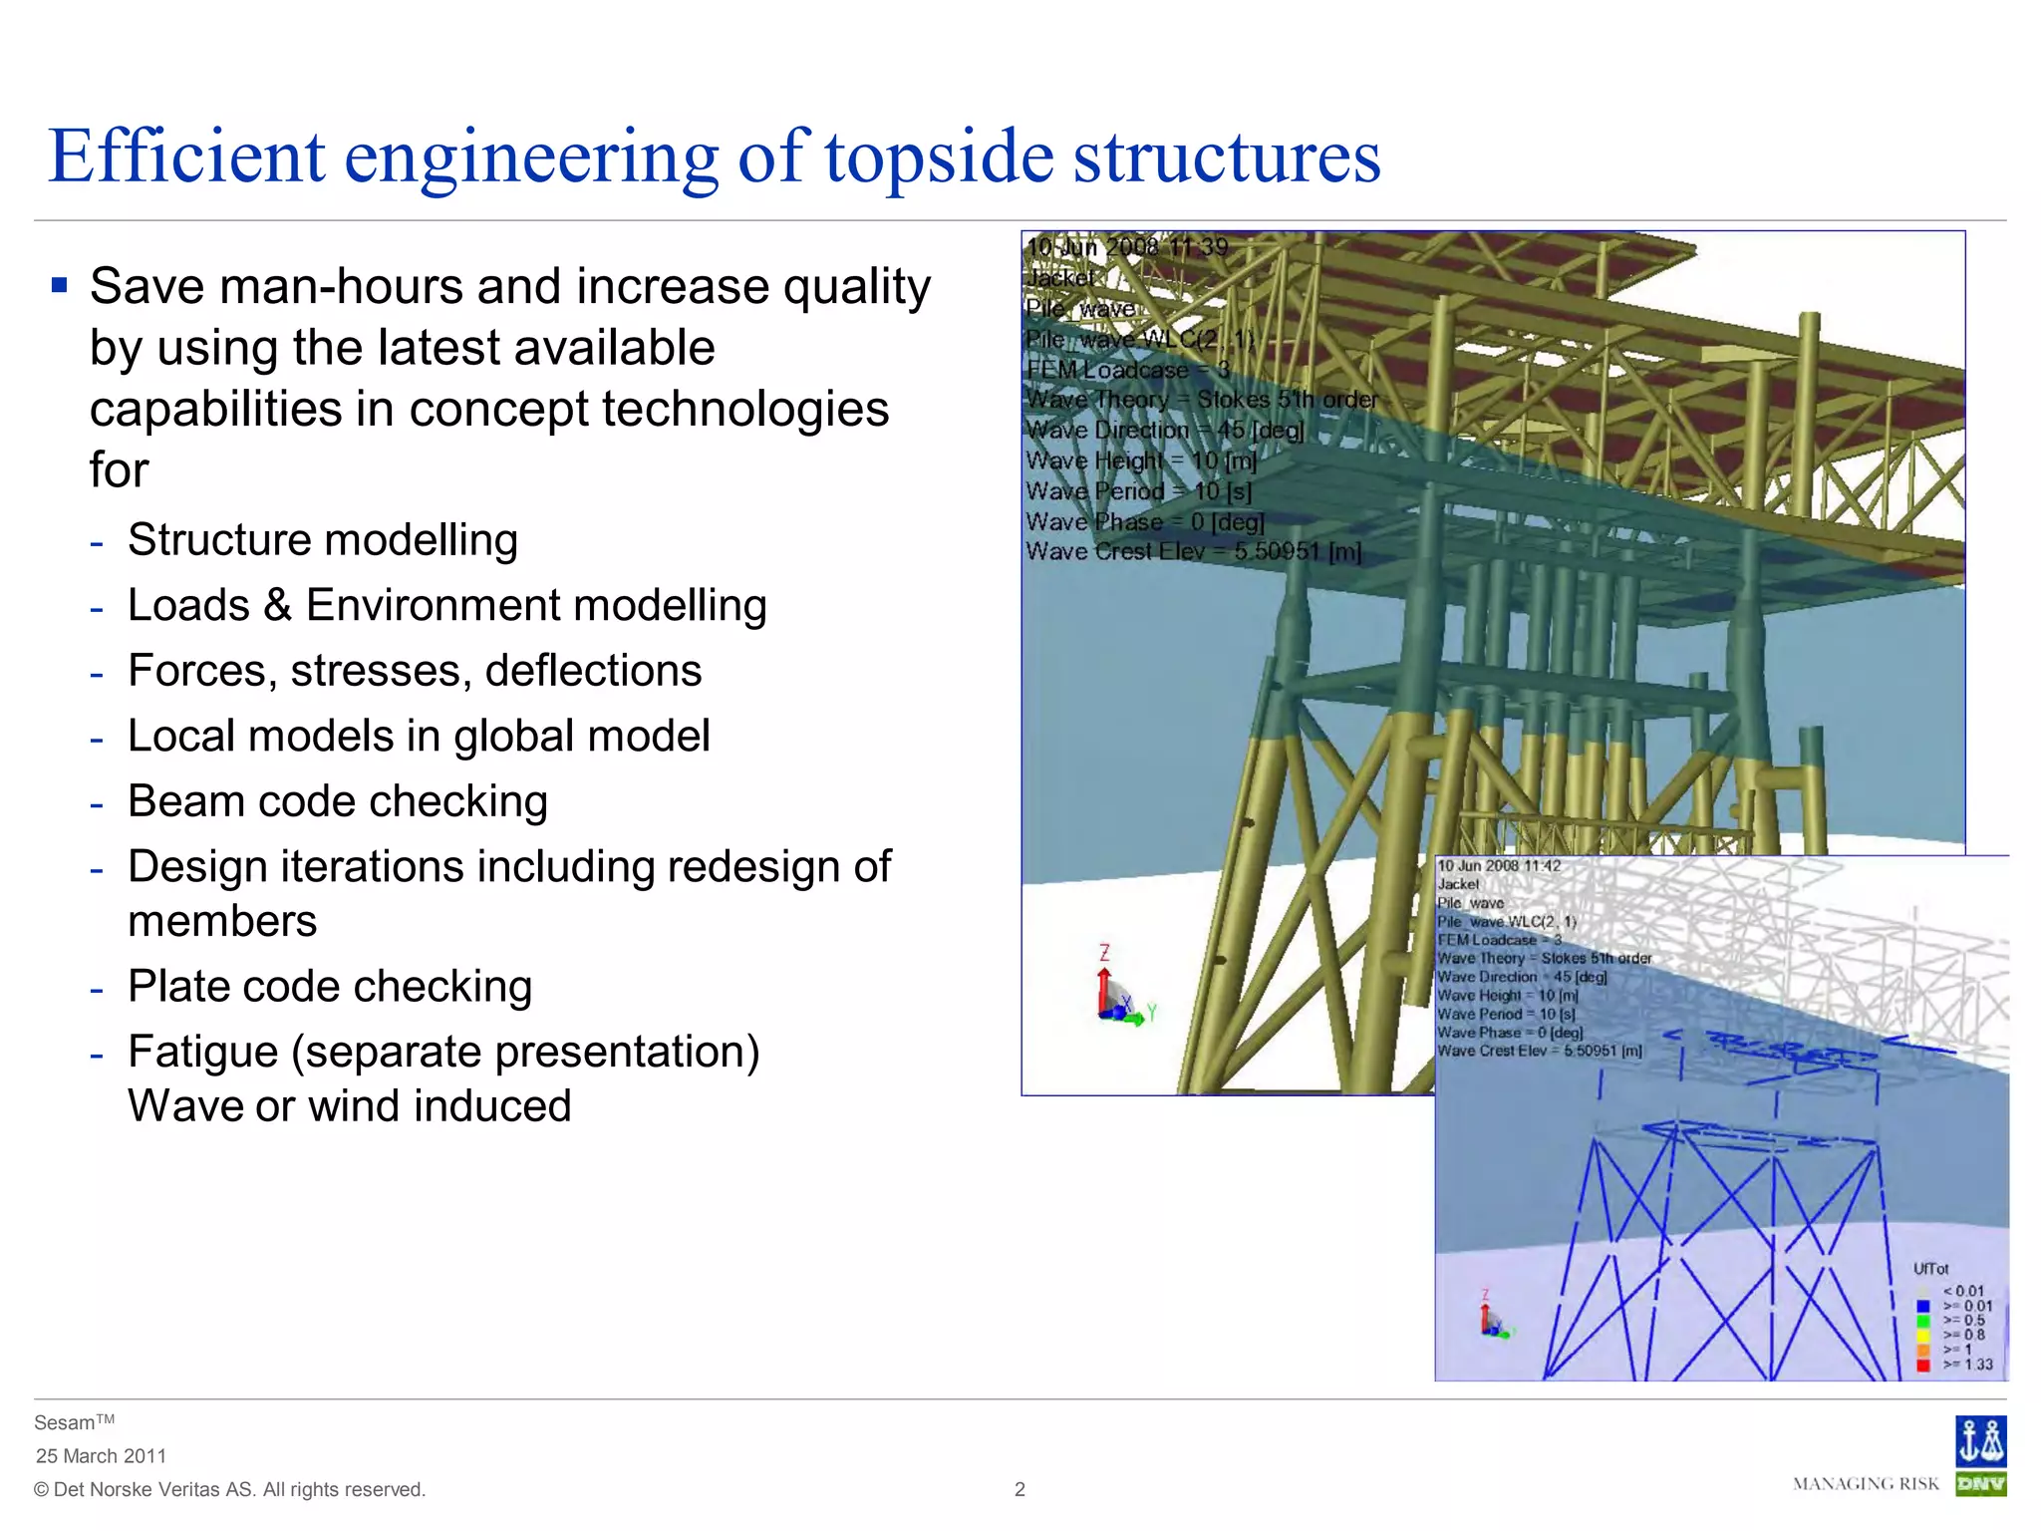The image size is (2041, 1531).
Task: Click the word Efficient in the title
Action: (187, 157)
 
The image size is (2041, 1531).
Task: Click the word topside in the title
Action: (939, 157)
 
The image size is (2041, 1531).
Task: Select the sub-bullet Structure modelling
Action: (323, 540)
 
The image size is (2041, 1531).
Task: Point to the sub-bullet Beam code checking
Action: (338, 801)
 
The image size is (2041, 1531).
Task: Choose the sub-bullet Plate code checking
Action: (330, 987)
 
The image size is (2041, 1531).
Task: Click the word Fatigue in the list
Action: (202, 1053)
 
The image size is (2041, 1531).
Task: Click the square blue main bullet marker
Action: (60, 286)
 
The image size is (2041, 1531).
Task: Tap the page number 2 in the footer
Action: (1020, 1489)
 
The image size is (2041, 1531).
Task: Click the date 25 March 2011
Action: (101, 1456)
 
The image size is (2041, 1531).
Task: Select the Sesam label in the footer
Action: (65, 1423)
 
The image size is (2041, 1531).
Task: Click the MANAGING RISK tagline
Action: (1866, 1484)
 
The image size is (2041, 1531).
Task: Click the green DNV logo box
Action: (1980, 1484)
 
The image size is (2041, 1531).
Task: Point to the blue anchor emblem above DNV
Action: (1980, 1441)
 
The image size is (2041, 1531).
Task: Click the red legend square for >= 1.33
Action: (1922, 1365)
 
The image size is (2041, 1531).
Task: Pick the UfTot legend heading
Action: (1930, 1269)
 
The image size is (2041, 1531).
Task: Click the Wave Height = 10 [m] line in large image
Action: (1141, 460)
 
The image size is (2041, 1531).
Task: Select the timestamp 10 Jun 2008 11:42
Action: (1499, 865)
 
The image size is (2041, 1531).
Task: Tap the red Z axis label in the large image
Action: (1104, 953)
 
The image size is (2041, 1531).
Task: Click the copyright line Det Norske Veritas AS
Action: (229, 1489)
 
